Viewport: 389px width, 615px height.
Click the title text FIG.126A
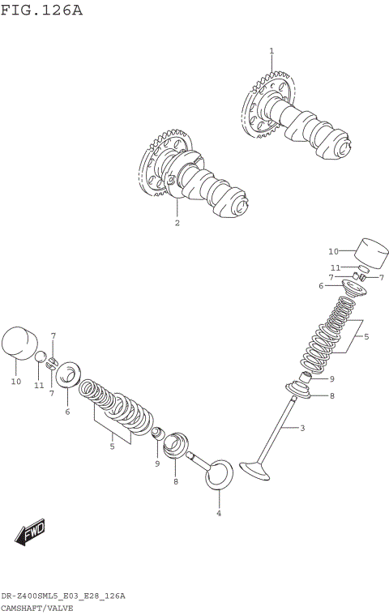pos(41,11)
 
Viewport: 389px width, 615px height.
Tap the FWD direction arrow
pos(30,533)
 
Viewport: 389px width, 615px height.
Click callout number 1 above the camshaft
pos(271,51)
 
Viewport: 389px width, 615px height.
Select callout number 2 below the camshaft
pos(177,223)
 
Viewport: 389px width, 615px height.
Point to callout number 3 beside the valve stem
pos(302,428)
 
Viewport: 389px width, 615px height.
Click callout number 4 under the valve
pos(218,513)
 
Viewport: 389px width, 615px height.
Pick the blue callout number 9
pos(157,464)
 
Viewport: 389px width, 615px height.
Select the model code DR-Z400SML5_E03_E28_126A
pos(63,596)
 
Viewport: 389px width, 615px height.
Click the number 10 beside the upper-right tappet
pos(333,251)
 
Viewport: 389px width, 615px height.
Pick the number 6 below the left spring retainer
pos(67,412)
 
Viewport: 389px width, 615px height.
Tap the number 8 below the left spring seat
pos(175,482)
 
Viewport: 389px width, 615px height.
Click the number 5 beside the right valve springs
pos(365,336)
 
